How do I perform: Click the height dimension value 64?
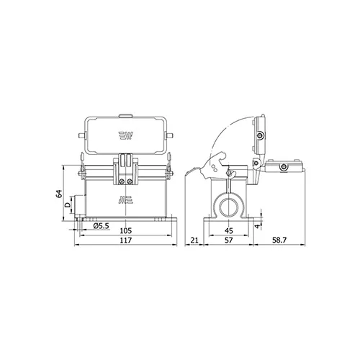(x=59, y=194)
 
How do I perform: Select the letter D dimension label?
(x=68, y=204)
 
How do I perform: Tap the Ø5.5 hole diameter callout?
(x=101, y=225)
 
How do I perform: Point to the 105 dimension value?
(x=126, y=230)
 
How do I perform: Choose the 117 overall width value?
(x=126, y=240)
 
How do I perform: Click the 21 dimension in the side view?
(x=194, y=240)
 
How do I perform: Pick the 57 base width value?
(x=229, y=240)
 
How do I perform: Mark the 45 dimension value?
(x=229, y=230)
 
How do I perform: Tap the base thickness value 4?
(x=257, y=226)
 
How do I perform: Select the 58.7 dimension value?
(x=279, y=240)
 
